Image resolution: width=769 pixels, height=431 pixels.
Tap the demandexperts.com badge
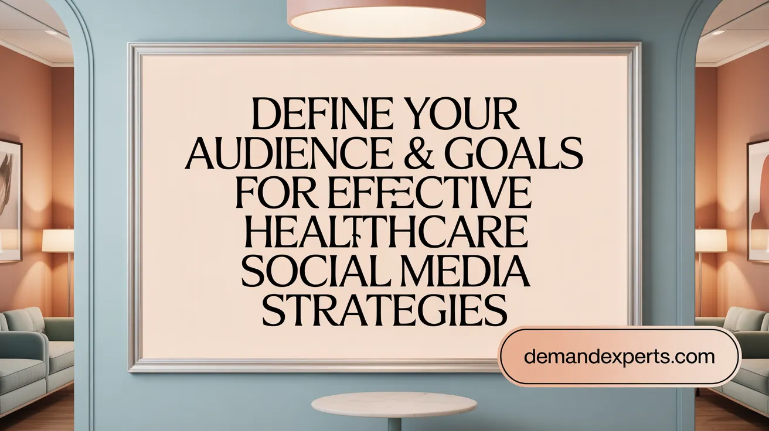point(620,356)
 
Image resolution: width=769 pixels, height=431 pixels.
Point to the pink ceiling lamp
point(386,18)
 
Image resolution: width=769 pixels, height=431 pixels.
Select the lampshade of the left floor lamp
point(58,240)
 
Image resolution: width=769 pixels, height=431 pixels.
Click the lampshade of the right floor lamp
point(710,240)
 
